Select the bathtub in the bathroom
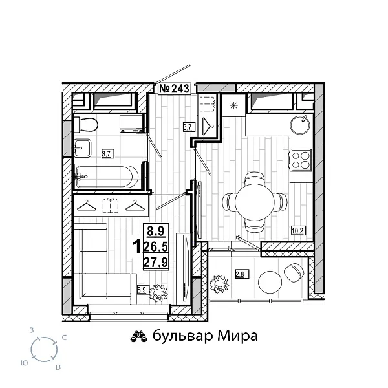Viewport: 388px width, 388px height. point(105,176)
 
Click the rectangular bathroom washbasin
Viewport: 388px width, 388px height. point(83,147)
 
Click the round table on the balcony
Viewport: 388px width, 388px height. point(270,282)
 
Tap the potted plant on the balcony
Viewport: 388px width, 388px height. point(221,284)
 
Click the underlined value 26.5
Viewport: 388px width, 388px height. point(156,246)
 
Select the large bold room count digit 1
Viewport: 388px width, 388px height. point(136,246)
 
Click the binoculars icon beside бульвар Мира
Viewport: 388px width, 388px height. point(139,336)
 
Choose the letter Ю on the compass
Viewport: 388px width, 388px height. point(23,363)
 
